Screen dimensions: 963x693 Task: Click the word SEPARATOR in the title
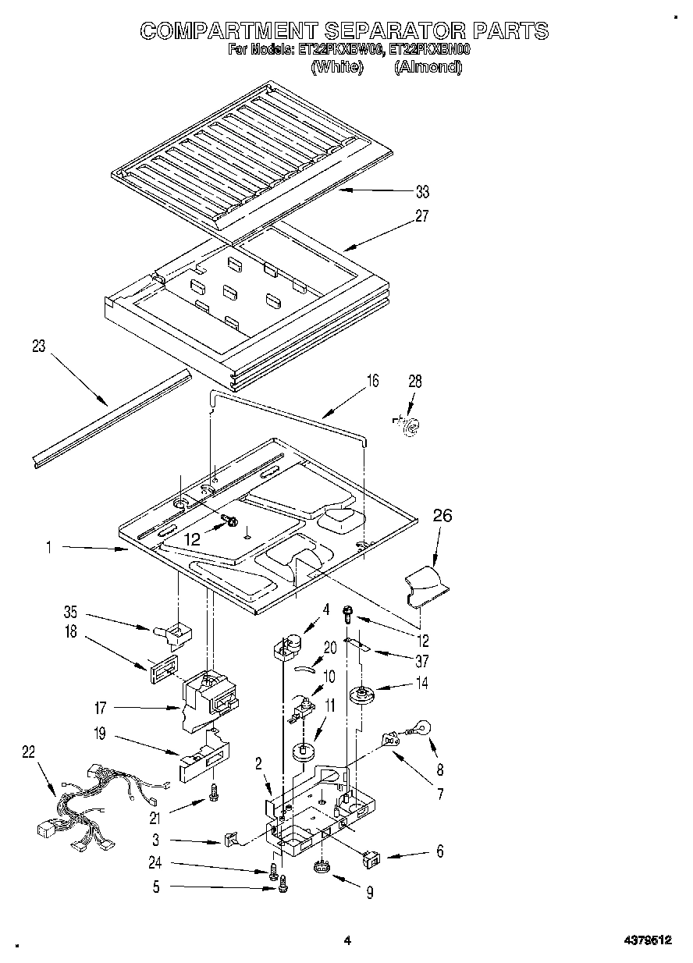click(x=394, y=30)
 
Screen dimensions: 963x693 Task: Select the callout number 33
click(x=422, y=192)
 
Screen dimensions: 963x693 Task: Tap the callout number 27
click(x=422, y=216)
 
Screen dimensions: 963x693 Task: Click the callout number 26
click(x=442, y=516)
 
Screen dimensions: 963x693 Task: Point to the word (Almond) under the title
click(x=428, y=67)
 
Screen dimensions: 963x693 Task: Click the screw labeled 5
click(x=283, y=884)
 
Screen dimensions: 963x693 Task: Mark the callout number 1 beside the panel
click(x=48, y=549)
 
